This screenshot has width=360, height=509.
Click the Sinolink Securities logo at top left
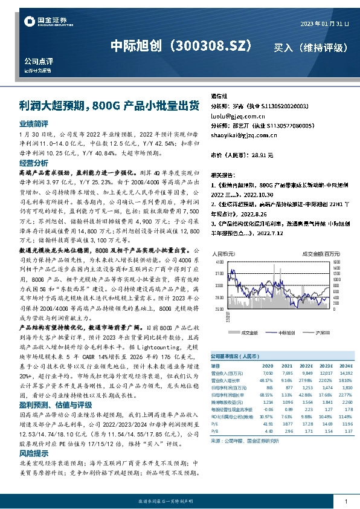pos(45,22)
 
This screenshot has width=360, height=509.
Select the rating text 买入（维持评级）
pos(310,47)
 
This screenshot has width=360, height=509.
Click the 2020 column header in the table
pos(268,366)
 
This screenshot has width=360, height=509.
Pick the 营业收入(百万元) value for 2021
pos(287,374)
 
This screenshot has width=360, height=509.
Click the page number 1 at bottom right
pos(345,502)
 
